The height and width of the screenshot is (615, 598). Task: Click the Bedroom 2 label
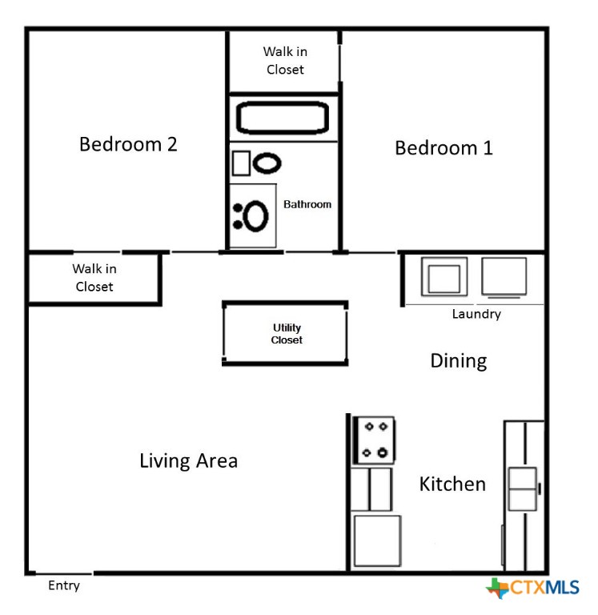(x=128, y=144)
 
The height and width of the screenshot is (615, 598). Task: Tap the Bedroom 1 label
(x=443, y=148)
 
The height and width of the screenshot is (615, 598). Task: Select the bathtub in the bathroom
(x=283, y=117)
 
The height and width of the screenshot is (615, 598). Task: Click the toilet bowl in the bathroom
(x=267, y=163)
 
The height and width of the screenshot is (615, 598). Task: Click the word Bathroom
(x=307, y=204)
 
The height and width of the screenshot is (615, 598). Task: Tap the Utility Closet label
(x=287, y=334)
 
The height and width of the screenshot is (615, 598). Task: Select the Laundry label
(x=476, y=314)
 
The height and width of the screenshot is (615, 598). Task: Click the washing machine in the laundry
(x=444, y=276)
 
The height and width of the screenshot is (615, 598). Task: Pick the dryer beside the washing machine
(x=504, y=276)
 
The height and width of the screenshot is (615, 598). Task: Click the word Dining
(x=459, y=361)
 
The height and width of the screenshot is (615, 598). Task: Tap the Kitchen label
(x=452, y=484)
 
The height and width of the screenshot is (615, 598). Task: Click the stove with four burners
(x=375, y=440)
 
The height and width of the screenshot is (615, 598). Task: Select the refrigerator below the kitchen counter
(x=377, y=541)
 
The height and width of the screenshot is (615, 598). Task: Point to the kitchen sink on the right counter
(x=522, y=488)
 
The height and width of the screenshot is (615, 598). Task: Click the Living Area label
(x=189, y=460)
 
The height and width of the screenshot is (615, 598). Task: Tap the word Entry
(x=64, y=585)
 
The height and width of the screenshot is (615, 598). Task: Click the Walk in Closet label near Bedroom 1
(x=285, y=60)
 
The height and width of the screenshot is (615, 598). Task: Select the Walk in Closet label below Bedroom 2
(x=94, y=278)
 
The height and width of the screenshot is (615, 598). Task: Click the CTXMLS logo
(x=532, y=588)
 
